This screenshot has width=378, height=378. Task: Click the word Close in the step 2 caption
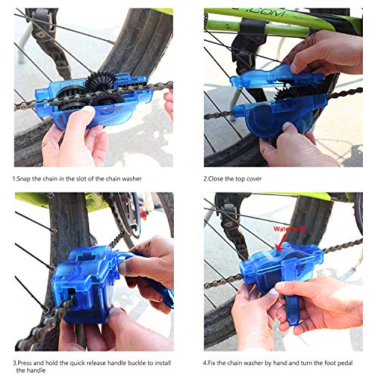[220, 180]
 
